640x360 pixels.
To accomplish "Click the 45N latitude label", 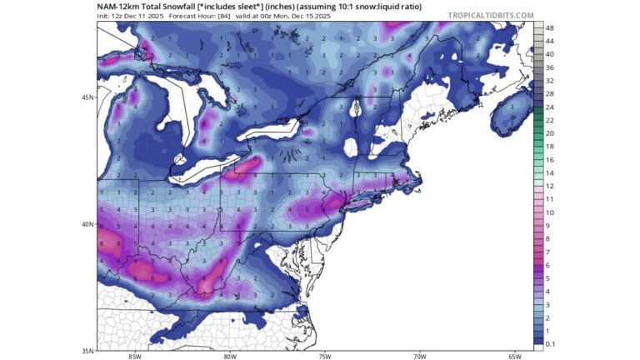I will (86, 97).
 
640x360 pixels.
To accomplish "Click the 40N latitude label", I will (86, 224).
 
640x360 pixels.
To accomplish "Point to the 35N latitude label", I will (86, 351).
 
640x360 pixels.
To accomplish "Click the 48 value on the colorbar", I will (550, 28).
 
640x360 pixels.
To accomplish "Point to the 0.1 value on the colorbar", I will (550, 343).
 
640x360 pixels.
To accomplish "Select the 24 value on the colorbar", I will (550, 107).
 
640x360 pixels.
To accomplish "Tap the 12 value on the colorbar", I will (550, 186).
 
